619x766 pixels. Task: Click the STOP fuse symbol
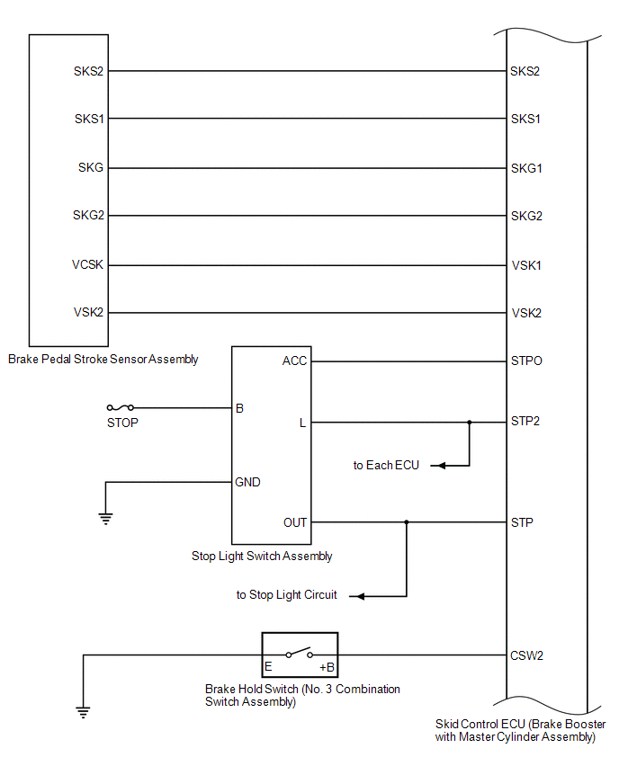120,407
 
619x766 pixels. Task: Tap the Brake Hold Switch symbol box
300,655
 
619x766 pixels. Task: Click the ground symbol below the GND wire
105,517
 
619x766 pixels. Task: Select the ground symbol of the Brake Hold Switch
83,713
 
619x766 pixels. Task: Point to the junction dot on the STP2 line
469,422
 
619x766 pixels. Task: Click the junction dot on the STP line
407,522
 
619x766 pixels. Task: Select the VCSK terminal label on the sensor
89,265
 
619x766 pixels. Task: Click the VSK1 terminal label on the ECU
525,265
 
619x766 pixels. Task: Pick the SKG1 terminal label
526,168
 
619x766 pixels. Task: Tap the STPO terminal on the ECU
526,361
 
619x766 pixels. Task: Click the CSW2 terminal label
527,655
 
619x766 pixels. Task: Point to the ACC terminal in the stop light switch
294,361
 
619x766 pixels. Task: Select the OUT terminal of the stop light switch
294,522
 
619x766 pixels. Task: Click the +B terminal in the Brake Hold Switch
327,668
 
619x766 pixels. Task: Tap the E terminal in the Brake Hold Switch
268,668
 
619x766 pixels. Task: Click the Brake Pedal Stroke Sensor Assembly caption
103,359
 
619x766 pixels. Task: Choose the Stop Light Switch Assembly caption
262,556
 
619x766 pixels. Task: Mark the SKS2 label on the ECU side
525,71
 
